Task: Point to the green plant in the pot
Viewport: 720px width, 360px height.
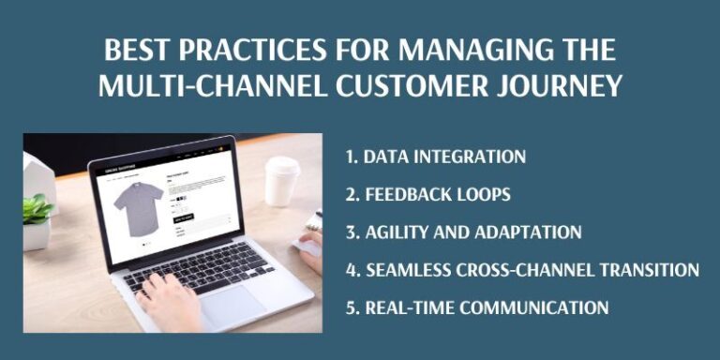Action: tap(37, 209)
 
